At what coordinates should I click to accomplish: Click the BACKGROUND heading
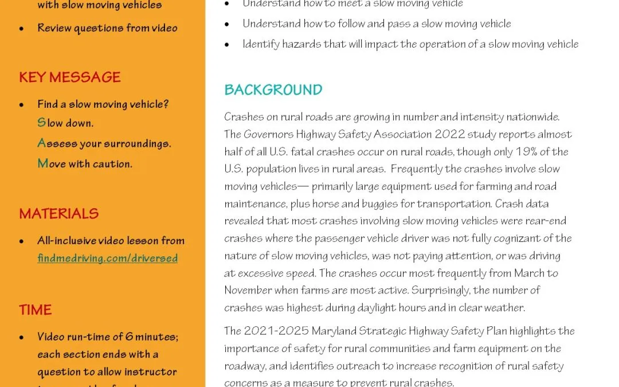click(x=273, y=90)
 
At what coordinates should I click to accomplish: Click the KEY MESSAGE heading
click(x=70, y=77)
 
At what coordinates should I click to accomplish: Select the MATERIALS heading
click(x=59, y=214)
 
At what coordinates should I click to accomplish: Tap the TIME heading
click(x=36, y=310)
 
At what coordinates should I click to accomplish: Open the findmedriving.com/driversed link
click(x=107, y=258)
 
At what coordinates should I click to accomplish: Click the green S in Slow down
click(x=41, y=123)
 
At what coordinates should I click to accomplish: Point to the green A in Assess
click(x=41, y=143)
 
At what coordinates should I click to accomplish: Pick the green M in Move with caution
click(x=42, y=163)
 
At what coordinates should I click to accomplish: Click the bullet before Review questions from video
click(x=22, y=28)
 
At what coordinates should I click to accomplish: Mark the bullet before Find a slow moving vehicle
click(x=22, y=105)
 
